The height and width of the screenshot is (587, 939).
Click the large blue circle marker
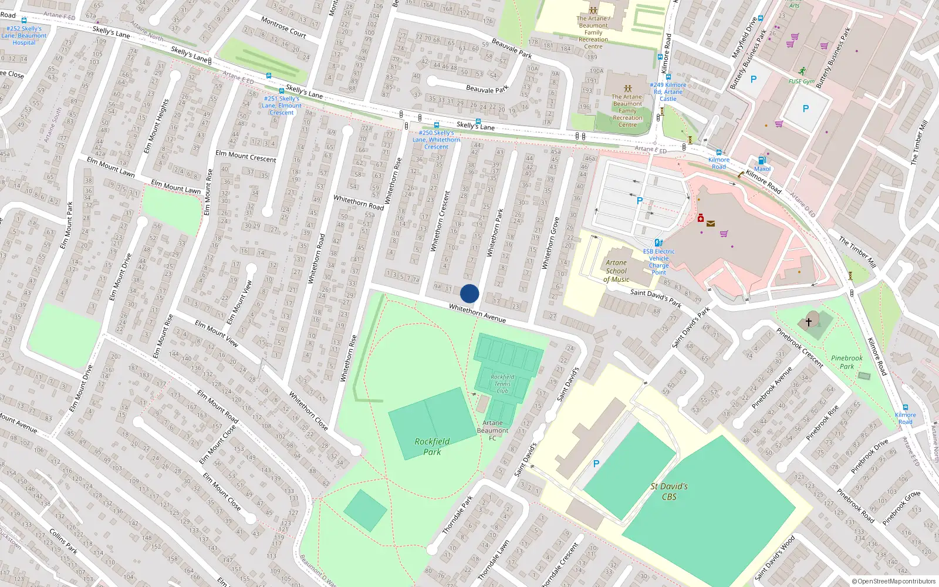click(469, 293)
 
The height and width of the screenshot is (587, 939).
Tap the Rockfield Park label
click(432, 447)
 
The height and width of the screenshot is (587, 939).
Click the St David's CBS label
click(669, 491)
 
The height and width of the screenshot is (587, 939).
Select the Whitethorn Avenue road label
click(477, 313)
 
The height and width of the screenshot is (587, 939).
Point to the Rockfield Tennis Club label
click(502, 384)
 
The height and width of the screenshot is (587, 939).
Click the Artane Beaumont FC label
click(492, 430)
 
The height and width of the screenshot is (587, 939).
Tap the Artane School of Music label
click(616, 271)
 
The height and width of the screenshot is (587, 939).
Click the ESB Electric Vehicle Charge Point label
click(658, 262)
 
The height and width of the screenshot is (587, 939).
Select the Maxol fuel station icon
click(762, 160)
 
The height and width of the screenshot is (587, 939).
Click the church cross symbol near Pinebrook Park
click(809, 322)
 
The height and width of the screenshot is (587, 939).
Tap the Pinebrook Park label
click(847, 362)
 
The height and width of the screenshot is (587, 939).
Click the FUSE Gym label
click(802, 82)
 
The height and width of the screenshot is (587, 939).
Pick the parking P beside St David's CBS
click(596, 464)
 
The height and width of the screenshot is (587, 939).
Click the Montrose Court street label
click(283, 27)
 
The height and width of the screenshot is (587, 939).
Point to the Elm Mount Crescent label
click(245, 156)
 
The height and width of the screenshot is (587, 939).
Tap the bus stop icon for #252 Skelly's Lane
click(24, 21)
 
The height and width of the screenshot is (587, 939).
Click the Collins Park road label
click(63, 541)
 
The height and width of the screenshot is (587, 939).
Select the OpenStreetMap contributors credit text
click(893, 581)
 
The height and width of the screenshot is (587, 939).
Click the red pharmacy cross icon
click(700, 218)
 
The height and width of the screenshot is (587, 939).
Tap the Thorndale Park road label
click(458, 515)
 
